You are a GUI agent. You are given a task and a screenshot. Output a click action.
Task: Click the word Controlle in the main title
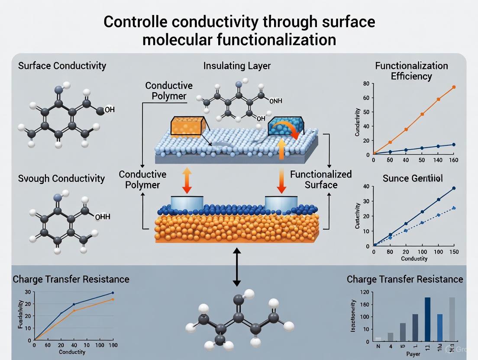(138, 22)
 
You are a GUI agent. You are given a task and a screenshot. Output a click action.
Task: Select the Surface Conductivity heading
(62, 66)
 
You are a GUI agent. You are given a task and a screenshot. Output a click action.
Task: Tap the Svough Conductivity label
(61, 178)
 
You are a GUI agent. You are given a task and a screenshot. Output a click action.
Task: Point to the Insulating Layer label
(237, 66)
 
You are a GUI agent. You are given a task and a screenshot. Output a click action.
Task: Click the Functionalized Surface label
(321, 180)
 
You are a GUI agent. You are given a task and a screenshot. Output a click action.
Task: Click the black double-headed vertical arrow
(236, 267)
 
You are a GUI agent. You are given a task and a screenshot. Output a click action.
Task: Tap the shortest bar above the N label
(378, 339)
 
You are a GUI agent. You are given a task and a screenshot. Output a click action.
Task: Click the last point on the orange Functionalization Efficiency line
(454, 87)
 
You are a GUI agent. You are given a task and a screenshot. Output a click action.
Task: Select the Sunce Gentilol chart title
(413, 179)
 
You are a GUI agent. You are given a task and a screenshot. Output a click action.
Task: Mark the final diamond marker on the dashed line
(454, 208)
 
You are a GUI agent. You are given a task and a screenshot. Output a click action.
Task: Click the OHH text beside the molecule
(102, 217)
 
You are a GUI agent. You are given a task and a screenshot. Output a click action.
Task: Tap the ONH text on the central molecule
(275, 101)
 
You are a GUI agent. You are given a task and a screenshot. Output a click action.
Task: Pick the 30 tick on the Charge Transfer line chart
(27, 292)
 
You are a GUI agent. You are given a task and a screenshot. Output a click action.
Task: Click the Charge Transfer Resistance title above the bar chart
(405, 279)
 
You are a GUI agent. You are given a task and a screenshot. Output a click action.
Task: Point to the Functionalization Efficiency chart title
(411, 71)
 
